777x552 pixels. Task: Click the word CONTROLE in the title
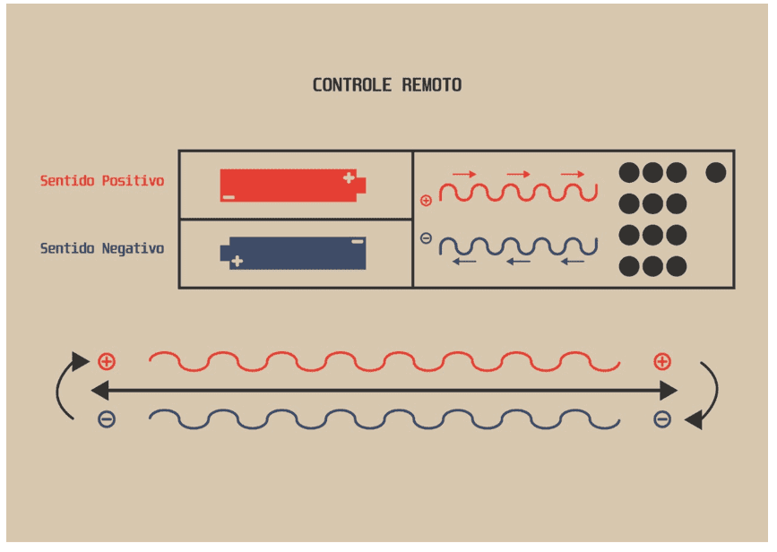tap(352, 85)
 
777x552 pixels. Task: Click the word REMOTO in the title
tap(432, 85)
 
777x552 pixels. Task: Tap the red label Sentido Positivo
tap(102, 180)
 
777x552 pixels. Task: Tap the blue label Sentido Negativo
tap(102, 247)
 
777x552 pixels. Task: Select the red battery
tap(293, 185)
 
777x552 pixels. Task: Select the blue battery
tap(293, 254)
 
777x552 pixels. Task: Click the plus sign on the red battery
tap(349, 177)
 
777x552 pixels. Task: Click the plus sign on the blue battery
tap(237, 261)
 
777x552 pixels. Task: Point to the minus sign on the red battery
tap(229, 197)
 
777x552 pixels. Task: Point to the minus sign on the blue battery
tap(358, 241)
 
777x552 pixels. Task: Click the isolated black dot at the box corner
tap(715, 172)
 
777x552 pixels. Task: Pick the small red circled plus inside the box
tap(426, 201)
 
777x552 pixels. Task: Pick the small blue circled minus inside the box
tap(426, 238)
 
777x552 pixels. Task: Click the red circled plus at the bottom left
tap(107, 362)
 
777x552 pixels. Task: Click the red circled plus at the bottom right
tap(662, 362)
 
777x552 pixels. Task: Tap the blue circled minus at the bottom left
tap(107, 419)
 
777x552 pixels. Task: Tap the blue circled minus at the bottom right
tap(662, 419)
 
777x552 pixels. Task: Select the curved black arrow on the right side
tap(716, 392)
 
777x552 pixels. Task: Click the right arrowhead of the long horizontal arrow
tap(669, 391)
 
